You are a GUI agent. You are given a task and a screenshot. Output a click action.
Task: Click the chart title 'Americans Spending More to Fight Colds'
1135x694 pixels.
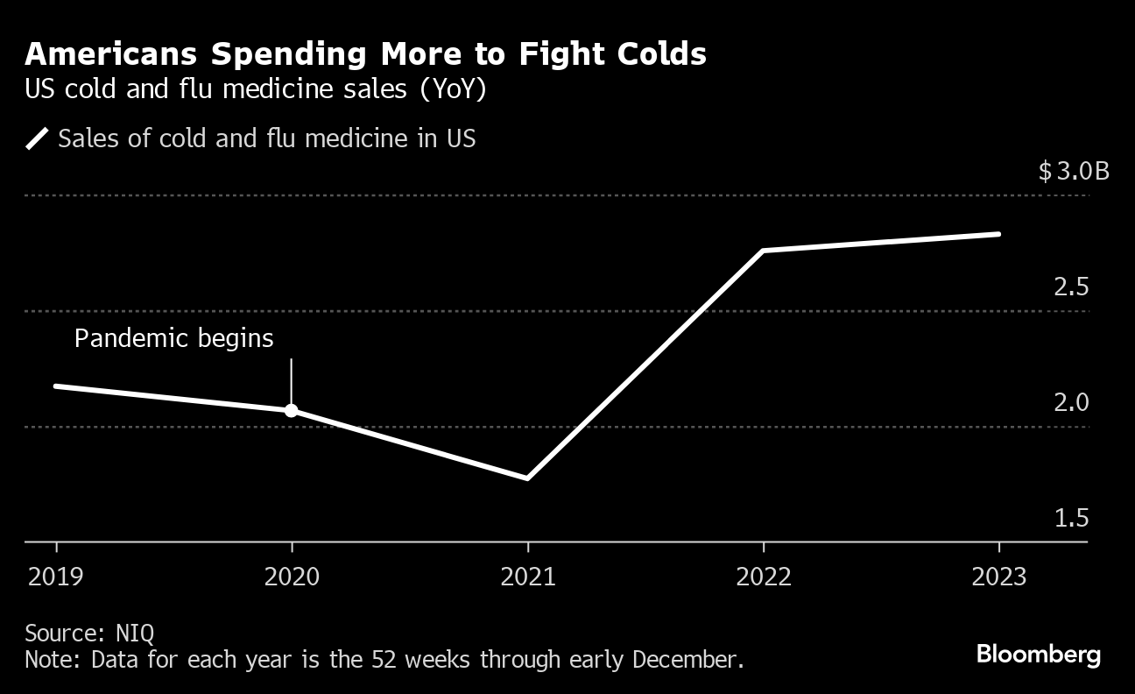pos(365,54)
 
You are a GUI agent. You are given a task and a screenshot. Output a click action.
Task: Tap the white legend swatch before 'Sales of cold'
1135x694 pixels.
pos(37,139)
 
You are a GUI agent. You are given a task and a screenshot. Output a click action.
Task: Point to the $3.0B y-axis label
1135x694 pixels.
pos(1073,171)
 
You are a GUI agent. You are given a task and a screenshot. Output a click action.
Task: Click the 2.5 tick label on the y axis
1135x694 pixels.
pos(1071,287)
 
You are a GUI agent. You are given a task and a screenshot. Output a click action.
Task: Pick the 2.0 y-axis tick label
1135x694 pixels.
pos(1071,403)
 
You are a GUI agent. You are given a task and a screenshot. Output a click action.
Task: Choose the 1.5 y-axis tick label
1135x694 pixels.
pos(1071,519)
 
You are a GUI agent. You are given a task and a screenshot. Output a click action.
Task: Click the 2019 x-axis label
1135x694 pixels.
pos(57,577)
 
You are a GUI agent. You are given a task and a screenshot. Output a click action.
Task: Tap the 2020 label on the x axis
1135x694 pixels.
pos(292,577)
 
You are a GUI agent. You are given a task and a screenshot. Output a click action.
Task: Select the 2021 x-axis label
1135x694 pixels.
pos(527,577)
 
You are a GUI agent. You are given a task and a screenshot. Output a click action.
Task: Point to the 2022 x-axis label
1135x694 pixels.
pos(764,577)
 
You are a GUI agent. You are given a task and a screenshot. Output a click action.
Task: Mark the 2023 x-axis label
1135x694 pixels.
pos(999,577)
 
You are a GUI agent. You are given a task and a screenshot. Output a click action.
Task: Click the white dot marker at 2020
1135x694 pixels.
pos(292,410)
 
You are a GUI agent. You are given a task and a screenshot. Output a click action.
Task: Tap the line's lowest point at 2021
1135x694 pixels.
pos(527,478)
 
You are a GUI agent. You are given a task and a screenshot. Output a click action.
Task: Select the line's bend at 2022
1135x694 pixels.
pos(764,251)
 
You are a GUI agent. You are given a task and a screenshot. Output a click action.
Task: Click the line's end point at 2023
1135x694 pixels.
pos(998,234)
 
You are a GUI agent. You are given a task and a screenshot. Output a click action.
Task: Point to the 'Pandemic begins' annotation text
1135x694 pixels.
pos(173,338)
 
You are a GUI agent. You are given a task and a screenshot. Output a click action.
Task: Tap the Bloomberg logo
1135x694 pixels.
pos(1038,655)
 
